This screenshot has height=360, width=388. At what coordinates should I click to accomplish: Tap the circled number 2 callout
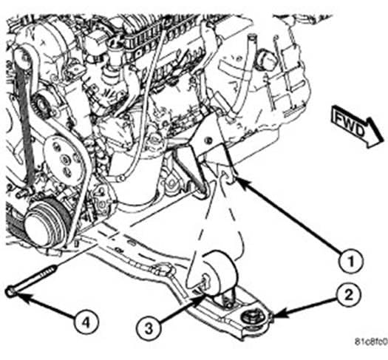click(348, 296)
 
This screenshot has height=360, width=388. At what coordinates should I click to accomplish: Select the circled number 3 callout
click(149, 328)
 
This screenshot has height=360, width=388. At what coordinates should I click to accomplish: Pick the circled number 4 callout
click(86, 322)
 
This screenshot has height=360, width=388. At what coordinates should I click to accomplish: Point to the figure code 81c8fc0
click(371, 342)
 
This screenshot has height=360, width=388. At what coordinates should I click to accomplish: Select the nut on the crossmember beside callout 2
click(251, 318)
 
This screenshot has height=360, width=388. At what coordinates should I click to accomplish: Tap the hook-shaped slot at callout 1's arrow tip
click(227, 177)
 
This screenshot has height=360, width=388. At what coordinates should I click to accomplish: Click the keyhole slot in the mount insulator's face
click(205, 280)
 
